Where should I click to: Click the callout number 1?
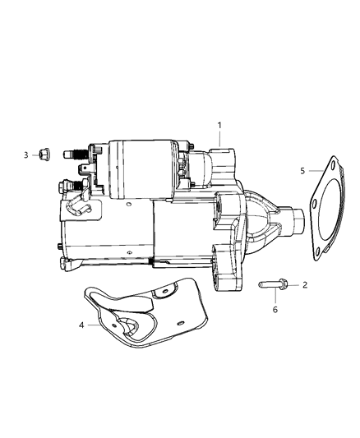click(219, 125)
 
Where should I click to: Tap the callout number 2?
click(305, 284)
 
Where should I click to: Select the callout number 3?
click(25, 154)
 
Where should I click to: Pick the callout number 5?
click(302, 171)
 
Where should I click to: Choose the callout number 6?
click(275, 309)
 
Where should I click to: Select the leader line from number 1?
click(219, 139)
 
